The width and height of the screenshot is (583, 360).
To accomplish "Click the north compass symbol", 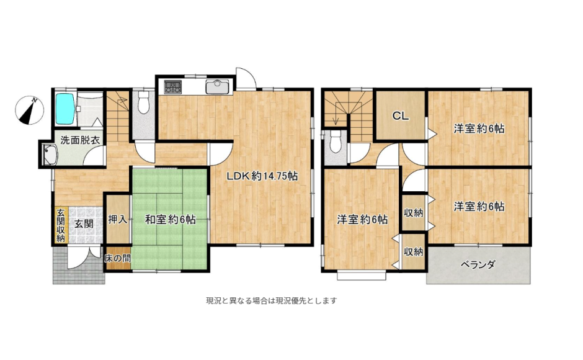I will [x=29, y=110].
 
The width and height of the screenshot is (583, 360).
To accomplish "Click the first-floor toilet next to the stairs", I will [x=144, y=104].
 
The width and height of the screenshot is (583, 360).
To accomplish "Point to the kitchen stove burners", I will [x=172, y=88].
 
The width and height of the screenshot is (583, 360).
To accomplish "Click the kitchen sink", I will [x=216, y=87].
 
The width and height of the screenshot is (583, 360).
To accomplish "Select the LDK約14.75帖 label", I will [x=261, y=176].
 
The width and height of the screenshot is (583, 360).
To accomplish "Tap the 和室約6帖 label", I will [x=171, y=219].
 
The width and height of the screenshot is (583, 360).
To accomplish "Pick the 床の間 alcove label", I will [x=117, y=258].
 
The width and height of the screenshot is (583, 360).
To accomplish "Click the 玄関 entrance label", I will [x=84, y=223].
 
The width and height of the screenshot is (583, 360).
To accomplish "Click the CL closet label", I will [x=399, y=116].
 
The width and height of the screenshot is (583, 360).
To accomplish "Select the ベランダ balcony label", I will [x=478, y=265].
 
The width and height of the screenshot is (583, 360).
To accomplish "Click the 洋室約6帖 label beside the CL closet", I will [x=478, y=129].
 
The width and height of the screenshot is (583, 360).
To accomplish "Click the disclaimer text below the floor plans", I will [x=271, y=301].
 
